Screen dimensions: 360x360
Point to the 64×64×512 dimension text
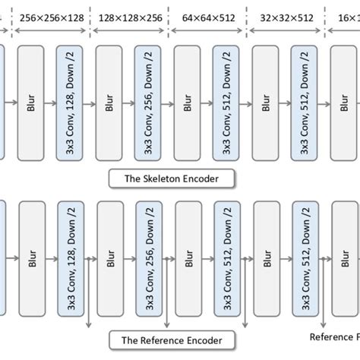[x=207, y=16]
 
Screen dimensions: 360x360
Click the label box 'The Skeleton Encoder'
[x=172, y=179]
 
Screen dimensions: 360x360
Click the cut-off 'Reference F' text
[x=334, y=336]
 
